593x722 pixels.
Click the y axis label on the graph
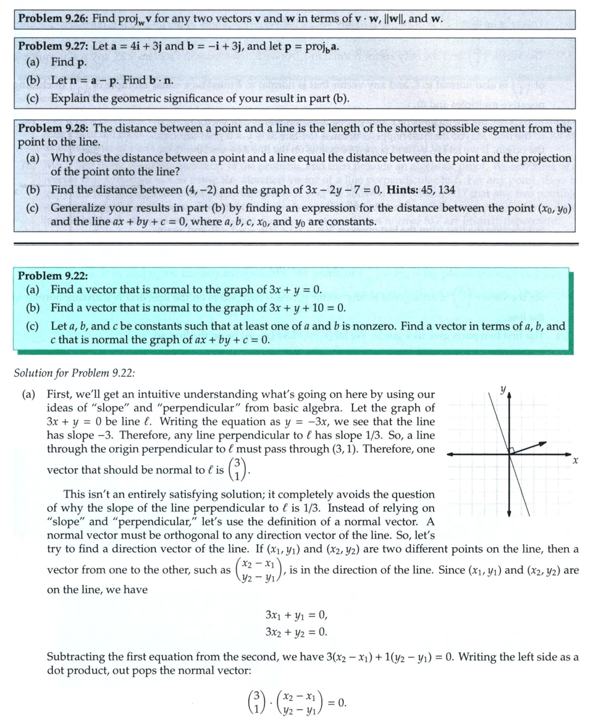click(503, 389)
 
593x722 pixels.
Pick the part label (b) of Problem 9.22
click(33, 308)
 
